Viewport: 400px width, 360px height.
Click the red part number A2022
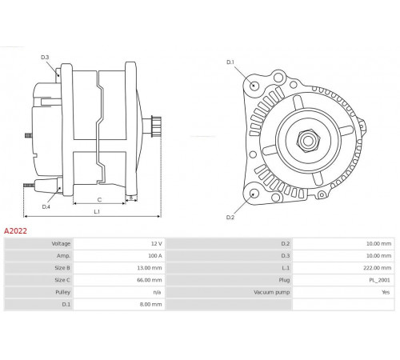tap(15, 231)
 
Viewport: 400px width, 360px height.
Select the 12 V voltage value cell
tap(157, 243)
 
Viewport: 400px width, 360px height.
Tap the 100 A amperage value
tap(155, 256)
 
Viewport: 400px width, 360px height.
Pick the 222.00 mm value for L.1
tap(377, 268)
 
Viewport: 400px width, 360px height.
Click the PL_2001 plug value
tap(379, 280)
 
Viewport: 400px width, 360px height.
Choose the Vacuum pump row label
tap(272, 292)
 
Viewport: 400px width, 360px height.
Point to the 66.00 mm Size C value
tap(150, 280)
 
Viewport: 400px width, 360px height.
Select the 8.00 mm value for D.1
tap(150, 304)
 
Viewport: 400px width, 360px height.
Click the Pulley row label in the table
tap(63, 292)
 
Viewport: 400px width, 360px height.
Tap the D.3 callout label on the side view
tap(45, 57)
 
